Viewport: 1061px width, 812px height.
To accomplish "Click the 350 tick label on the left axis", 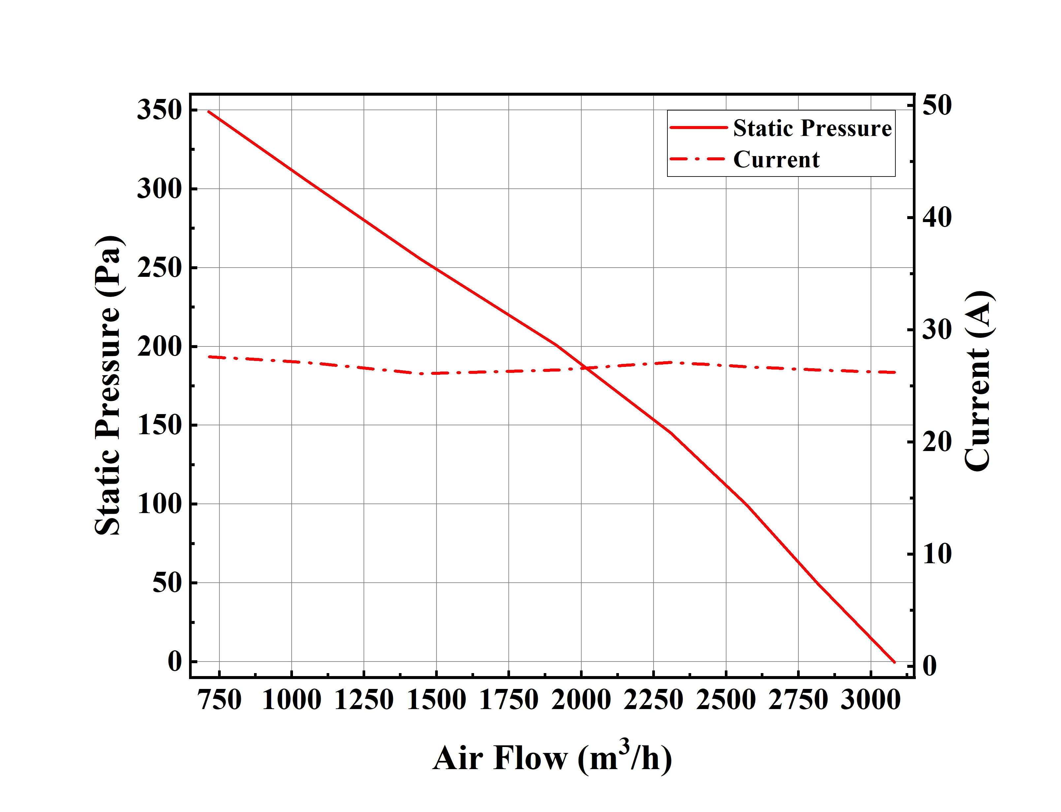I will [159, 110].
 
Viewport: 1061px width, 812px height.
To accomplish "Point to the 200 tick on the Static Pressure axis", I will [159, 346].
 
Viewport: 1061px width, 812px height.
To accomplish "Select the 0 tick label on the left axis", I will [175, 661].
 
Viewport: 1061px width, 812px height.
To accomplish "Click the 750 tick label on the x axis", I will [220, 700].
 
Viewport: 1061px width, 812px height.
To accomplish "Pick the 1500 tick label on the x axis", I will [436, 700].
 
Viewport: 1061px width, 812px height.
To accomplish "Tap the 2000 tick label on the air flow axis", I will [581, 700].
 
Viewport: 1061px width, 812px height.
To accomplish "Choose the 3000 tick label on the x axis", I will [871, 700].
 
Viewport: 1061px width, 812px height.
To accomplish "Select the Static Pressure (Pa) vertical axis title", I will [108, 386].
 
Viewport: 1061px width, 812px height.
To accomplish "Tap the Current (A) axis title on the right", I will [978, 381].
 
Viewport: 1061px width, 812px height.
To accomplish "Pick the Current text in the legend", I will [776, 159].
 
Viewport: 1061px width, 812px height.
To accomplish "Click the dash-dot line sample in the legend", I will [698, 159].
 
